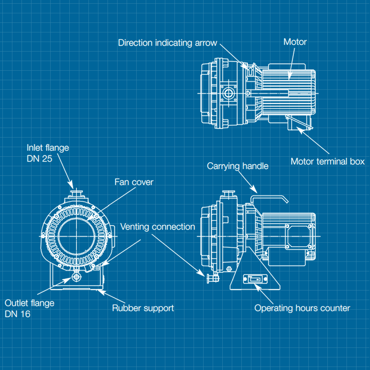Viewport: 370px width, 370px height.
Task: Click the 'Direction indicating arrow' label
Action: pyautogui.click(x=167, y=43)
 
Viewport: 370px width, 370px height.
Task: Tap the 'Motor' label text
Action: pyautogui.click(x=295, y=42)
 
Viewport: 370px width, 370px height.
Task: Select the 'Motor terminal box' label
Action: pyautogui.click(x=327, y=162)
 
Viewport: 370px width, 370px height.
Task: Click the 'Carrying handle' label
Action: pyautogui.click(x=237, y=166)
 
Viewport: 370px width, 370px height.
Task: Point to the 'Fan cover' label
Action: pyautogui.click(x=134, y=182)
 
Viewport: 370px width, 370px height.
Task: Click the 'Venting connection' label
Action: pyautogui.click(x=158, y=227)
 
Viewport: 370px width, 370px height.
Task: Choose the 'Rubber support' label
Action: pyautogui.click(x=143, y=308)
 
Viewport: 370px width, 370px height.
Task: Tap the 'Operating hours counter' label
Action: pyautogui.click(x=302, y=308)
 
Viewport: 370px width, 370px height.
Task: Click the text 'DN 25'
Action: pyautogui.click(x=39, y=159)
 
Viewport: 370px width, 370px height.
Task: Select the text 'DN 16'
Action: pyautogui.click(x=18, y=314)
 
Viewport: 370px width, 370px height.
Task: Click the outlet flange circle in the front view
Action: pyautogui.click(x=76, y=277)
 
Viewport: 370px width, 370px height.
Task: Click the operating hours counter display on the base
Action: pyautogui.click(x=255, y=279)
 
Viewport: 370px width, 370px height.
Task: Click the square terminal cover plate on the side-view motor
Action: pyautogui.click(x=298, y=236)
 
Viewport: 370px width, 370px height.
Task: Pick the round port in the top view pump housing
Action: pyautogui.click(x=228, y=93)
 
